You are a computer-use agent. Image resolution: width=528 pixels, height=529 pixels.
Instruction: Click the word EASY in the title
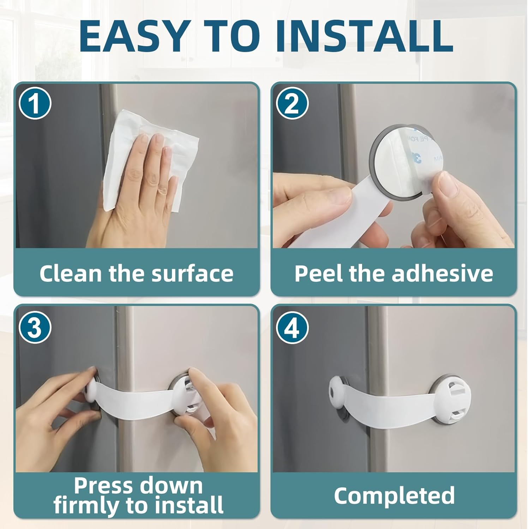pyautogui.click(x=133, y=36)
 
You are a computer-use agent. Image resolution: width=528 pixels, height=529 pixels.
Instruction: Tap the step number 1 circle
pyautogui.click(x=35, y=104)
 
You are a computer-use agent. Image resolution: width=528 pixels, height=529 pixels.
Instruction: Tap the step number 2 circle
pyautogui.click(x=292, y=104)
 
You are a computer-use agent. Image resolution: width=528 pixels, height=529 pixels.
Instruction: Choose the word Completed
pyautogui.click(x=394, y=495)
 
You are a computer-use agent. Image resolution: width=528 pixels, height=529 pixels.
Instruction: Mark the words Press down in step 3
pyautogui.click(x=138, y=486)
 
